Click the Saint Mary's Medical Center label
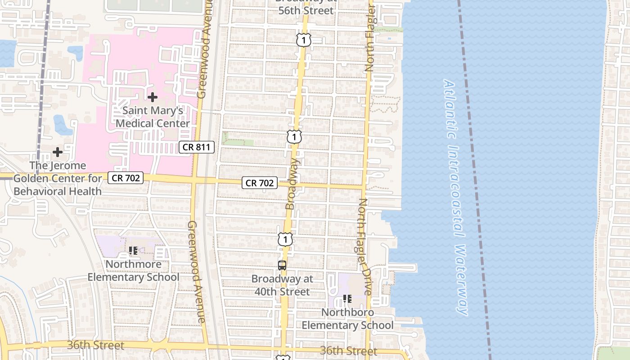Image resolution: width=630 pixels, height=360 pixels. [153, 117]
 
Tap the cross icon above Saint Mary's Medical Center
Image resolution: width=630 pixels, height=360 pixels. [153, 97]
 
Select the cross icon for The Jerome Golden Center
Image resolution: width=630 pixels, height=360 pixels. [58, 152]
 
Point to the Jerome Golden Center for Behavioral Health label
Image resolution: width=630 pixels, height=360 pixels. [58, 178]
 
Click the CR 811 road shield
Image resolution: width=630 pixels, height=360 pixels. [196, 147]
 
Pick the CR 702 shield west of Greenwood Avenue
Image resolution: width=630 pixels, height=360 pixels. [126, 178]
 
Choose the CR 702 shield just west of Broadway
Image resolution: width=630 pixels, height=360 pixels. [260, 183]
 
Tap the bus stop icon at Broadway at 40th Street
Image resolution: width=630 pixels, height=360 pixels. [282, 265]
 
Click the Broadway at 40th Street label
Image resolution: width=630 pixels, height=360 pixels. [282, 285]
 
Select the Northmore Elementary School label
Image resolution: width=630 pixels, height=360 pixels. [133, 270]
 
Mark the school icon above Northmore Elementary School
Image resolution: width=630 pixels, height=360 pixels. [133, 251]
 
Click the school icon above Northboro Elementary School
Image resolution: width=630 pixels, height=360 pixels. [347, 299]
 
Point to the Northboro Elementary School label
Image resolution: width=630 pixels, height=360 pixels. [347, 319]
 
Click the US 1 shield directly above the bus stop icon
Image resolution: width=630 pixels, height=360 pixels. [285, 239]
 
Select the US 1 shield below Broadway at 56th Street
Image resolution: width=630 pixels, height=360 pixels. [304, 40]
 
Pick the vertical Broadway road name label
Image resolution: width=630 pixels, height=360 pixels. [292, 184]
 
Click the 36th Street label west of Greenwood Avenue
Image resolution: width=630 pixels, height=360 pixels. [95, 346]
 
